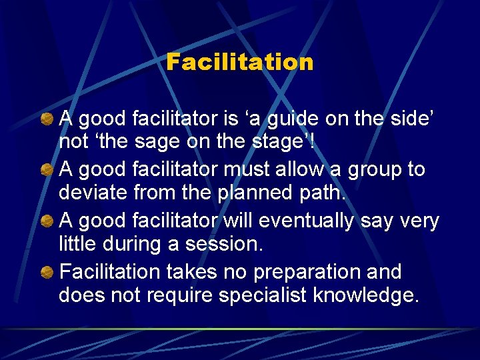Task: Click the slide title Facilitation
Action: point(239,62)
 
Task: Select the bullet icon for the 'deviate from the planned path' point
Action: point(47,170)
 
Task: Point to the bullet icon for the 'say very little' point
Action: point(47,221)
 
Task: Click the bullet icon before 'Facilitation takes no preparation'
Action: point(47,272)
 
